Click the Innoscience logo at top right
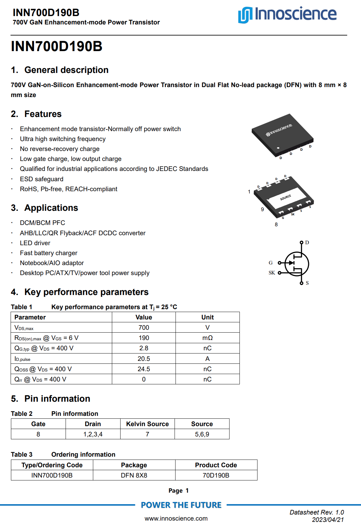(287, 14)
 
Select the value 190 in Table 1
(144, 338)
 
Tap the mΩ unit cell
(207, 338)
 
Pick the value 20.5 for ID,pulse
(144, 359)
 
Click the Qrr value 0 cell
(144, 379)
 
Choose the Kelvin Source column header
(147, 424)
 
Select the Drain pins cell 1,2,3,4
(93, 434)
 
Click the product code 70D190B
(216, 475)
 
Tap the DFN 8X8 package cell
(134, 475)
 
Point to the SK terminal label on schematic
(272, 273)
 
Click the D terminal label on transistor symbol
(307, 243)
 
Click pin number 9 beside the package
(262, 210)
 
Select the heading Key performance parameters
(86, 292)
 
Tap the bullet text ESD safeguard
(41, 179)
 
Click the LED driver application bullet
(35, 243)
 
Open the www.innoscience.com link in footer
(176, 518)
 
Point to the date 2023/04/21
(328, 520)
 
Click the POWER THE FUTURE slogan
(181, 505)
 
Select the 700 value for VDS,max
(144, 327)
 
